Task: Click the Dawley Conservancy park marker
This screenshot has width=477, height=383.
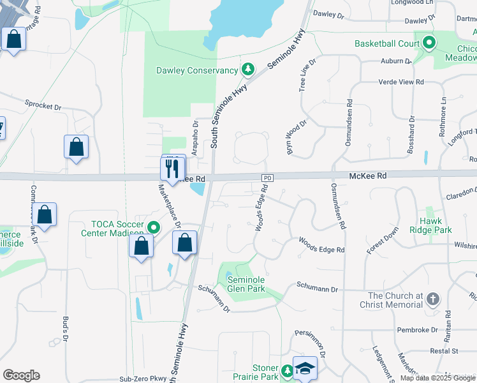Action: [247, 69]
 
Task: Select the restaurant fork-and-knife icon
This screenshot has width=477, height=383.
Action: [172, 168]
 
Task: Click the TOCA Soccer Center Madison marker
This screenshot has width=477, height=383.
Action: [153, 227]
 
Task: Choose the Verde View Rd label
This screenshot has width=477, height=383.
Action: [402, 82]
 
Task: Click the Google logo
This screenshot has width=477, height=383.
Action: [21, 375]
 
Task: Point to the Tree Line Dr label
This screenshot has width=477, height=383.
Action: [307, 77]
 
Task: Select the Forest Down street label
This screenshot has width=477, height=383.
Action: [382, 240]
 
